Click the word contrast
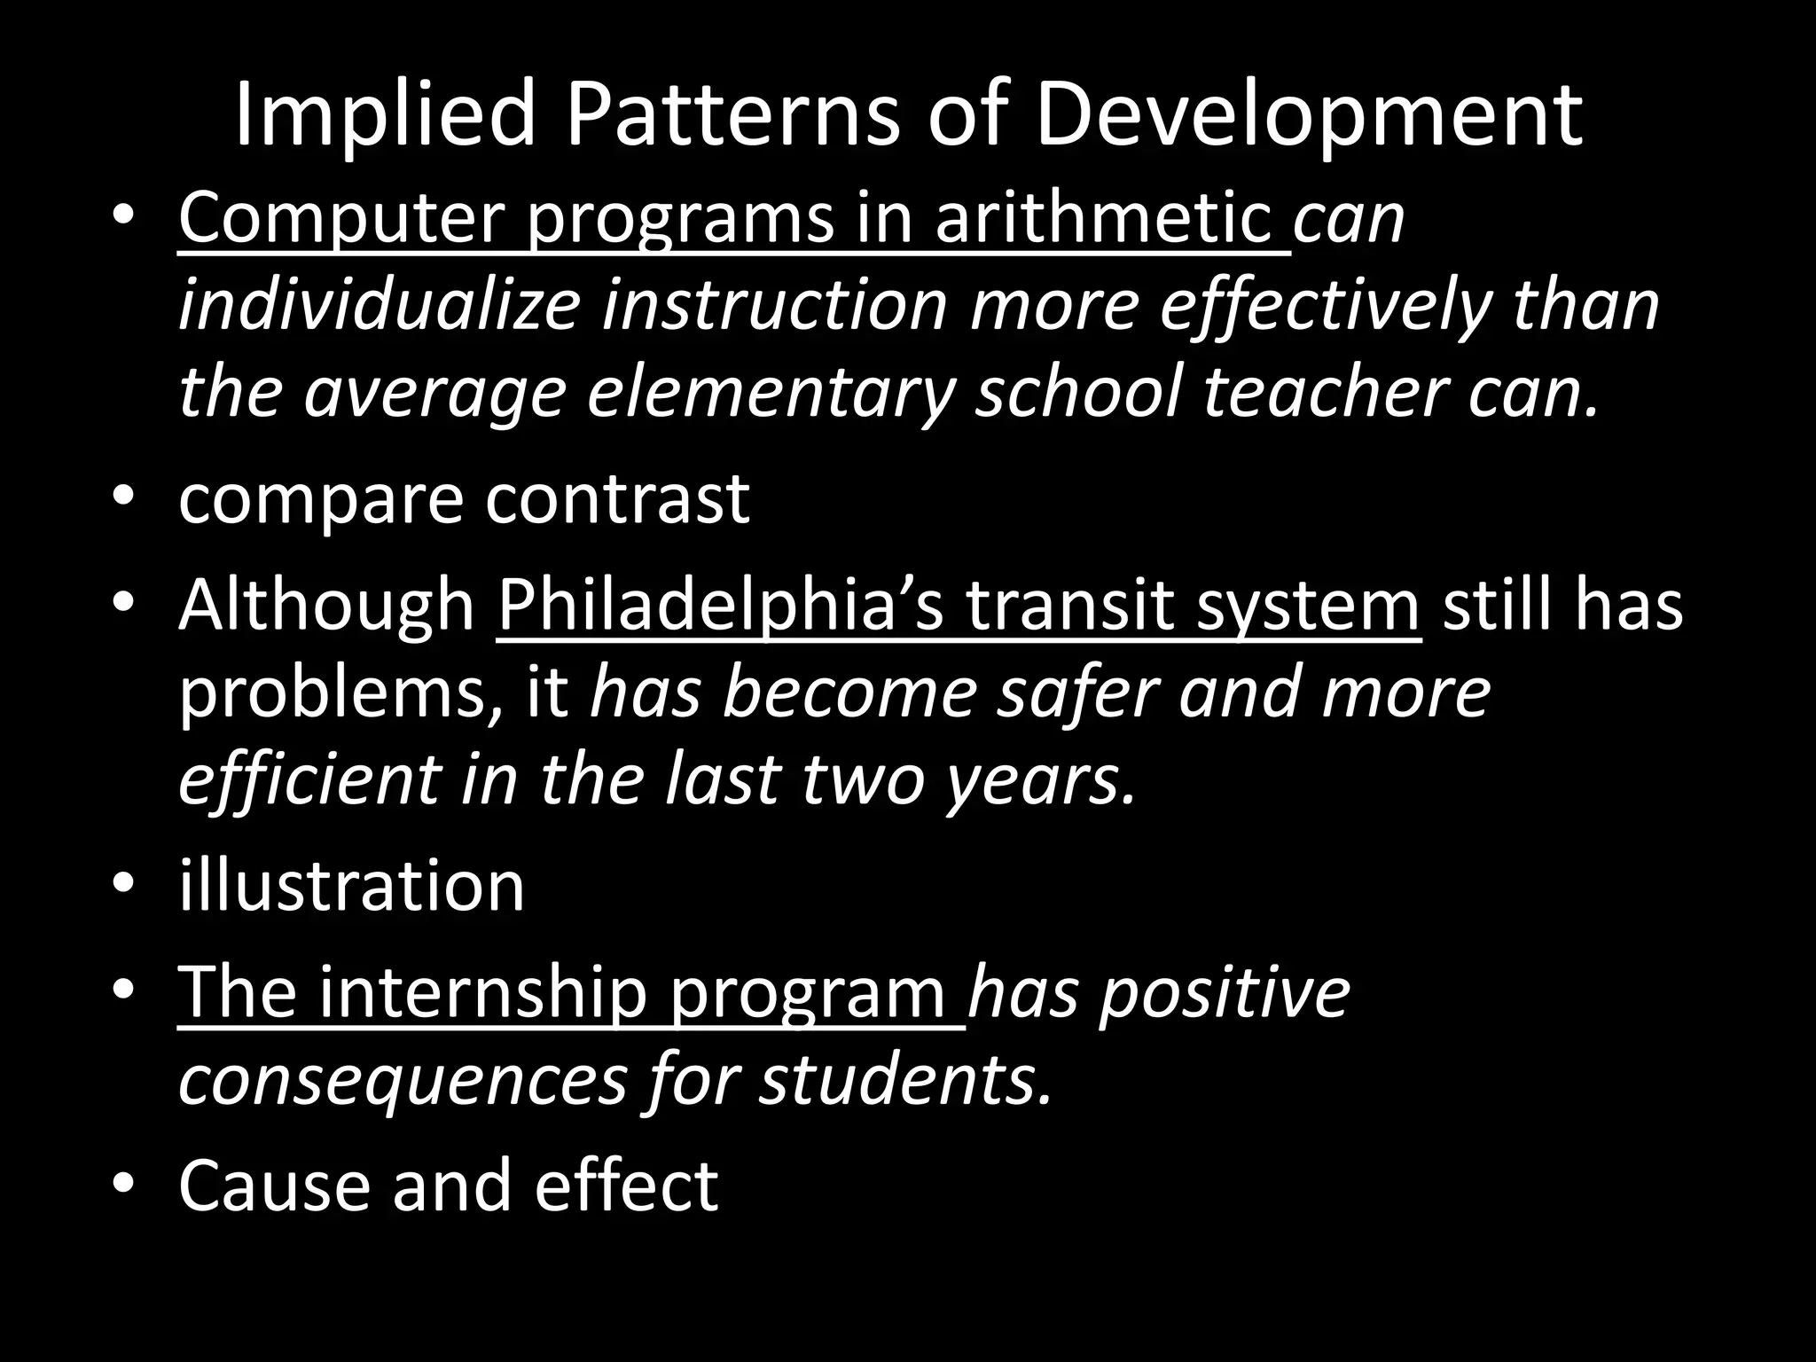point(617,498)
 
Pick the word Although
point(327,605)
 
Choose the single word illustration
point(351,885)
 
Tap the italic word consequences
point(403,1079)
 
